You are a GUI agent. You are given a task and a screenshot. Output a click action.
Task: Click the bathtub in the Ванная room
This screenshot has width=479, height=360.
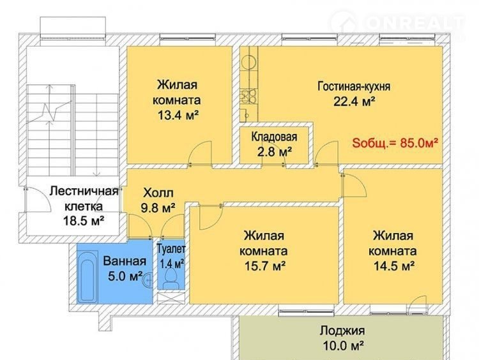87,276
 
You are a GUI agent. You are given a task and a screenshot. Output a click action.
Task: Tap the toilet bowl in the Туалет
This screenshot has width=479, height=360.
171,278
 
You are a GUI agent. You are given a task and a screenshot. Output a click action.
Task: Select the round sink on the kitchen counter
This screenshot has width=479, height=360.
249,63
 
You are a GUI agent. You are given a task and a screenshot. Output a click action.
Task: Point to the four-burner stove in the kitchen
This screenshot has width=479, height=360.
248,96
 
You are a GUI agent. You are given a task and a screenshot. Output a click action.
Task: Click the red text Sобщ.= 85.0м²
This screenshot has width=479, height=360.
395,143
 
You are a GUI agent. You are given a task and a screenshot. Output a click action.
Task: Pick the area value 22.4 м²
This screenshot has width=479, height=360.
354,101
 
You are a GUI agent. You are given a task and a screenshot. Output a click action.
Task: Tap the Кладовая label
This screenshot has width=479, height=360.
274,137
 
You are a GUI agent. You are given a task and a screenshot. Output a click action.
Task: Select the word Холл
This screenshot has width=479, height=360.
158,193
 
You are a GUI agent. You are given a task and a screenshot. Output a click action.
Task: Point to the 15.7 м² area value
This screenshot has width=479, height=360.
265,266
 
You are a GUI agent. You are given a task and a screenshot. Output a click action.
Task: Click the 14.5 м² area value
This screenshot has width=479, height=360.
394,266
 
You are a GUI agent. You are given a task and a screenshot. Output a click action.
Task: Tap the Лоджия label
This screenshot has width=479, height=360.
342,331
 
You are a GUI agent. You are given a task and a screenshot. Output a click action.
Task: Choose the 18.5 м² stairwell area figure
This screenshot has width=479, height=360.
84,220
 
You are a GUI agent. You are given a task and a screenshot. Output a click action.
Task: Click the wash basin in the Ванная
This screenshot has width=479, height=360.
148,279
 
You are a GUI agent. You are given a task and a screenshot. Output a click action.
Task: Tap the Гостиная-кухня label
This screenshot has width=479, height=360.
354,86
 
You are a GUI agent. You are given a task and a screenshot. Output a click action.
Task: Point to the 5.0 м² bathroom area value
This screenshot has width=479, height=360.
125,276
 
